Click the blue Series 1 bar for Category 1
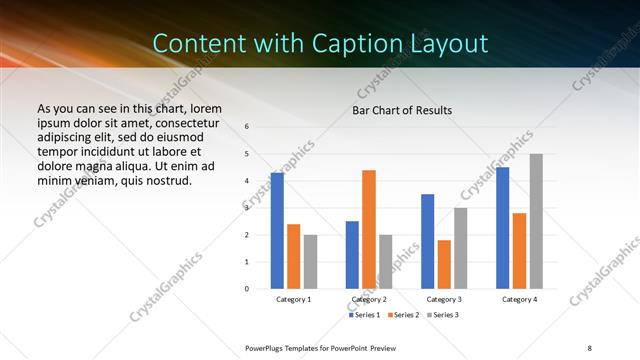coord(277,231)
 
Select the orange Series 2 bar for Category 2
coord(369,229)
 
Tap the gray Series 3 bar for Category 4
coord(536,221)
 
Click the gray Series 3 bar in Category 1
coord(310,262)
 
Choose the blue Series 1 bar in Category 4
coord(502,228)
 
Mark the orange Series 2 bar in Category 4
coord(519,251)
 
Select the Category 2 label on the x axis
coord(369,299)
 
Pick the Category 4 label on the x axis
coord(519,299)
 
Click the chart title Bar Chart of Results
coord(402,110)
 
